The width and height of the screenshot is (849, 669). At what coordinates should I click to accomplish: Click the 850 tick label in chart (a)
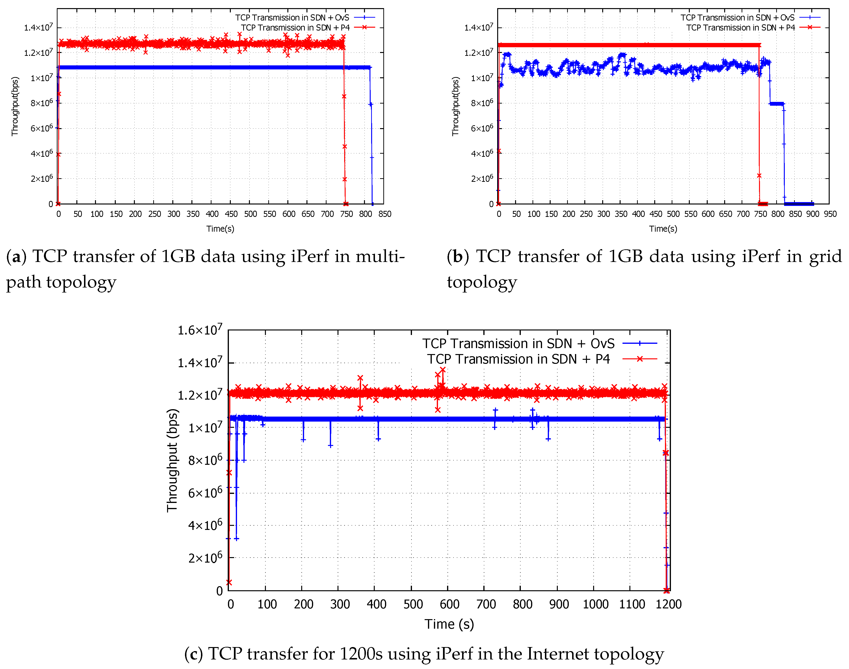385,214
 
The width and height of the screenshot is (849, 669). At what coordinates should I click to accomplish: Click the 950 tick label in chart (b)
830,214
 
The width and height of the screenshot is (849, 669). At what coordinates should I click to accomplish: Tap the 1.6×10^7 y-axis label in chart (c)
200,330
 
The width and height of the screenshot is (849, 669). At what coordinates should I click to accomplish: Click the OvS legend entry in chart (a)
292,18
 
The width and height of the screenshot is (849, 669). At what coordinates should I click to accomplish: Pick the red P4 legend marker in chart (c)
639,359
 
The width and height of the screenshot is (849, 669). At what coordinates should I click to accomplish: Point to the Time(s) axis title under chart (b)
663,229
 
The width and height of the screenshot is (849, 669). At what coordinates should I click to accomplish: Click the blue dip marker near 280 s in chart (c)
330,446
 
